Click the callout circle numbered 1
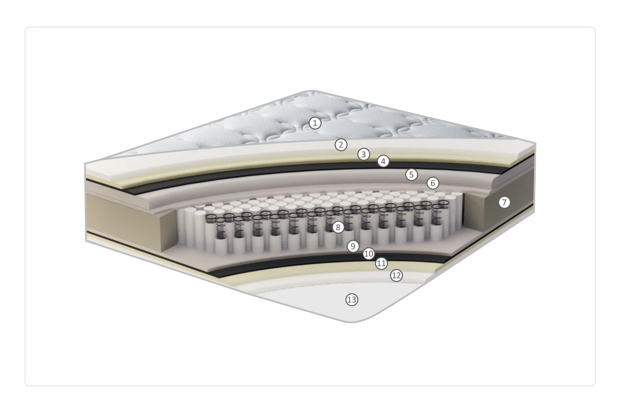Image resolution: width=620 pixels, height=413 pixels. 315,123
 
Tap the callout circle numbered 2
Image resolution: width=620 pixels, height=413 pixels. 341,145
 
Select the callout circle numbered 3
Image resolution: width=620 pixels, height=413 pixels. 364,154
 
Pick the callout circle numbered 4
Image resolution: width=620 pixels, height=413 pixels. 383,161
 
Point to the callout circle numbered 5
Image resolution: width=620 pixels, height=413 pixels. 411,175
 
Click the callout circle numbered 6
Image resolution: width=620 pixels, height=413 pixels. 433,183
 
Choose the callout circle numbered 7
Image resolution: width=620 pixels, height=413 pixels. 504,202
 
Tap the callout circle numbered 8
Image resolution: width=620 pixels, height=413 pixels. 338,227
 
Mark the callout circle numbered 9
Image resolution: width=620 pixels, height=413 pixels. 353,246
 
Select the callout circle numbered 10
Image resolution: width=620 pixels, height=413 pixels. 369,254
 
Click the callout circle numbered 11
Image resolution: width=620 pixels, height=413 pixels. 381,263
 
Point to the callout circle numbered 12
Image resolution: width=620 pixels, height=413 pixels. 396,275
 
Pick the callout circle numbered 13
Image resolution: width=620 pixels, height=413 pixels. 352,300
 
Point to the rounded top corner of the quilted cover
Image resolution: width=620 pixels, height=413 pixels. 312,91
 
